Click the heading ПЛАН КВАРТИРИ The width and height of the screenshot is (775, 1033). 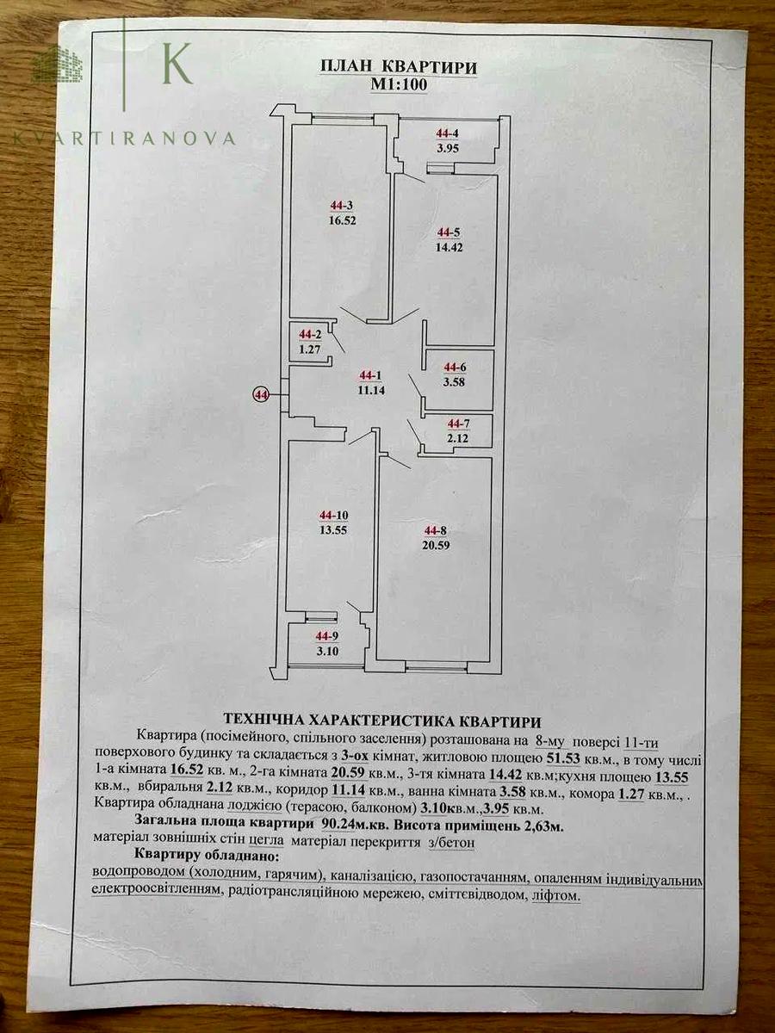pyautogui.click(x=399, y=67)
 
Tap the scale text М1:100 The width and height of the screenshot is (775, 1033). pyautogui.click(x=399, y=85)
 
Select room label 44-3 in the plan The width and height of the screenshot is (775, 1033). pyautogui.click(x=342, y=206)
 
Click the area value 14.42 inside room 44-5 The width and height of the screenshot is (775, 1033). pyautogui.click(x=449, y=247)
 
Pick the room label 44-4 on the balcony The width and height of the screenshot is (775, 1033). pyautogui.click(x=447, y=133)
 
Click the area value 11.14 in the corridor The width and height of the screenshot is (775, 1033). pyautogui.click(x=372, y=390)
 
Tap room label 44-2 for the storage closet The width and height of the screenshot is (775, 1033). pyautogui.click(x=310, y=335)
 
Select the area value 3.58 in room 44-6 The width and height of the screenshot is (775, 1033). pyautogui.click(x=454, y=381)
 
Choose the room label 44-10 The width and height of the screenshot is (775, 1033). pyautogui.click(x=333, y=516)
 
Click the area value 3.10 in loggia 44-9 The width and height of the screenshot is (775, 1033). pyautogui.click(x=327, y=652)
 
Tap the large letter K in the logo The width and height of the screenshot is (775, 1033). pyautogui.click(x=177, y=63)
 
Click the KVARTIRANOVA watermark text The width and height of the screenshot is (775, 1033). pyautogui.click(x=124, y=138)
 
